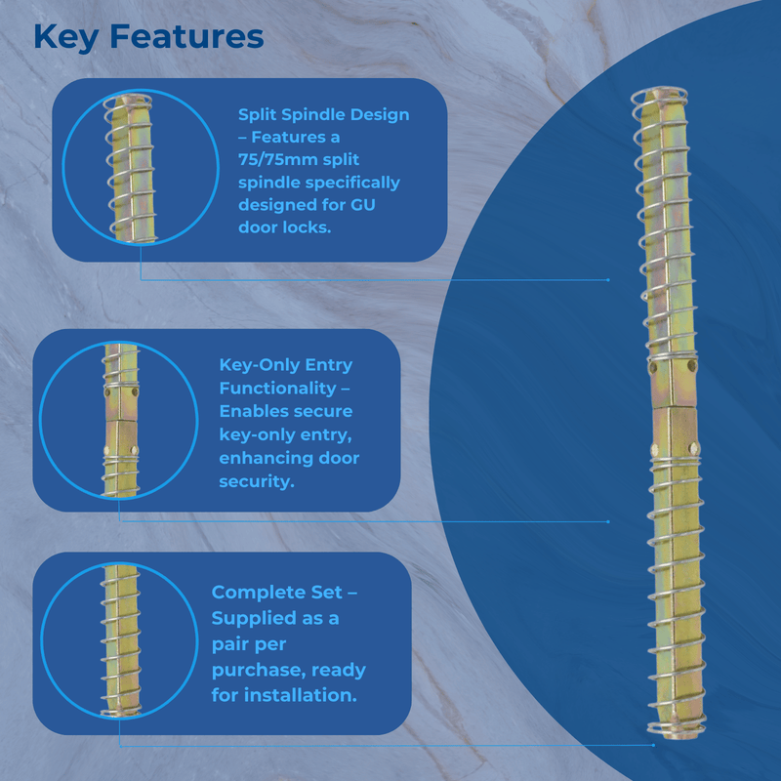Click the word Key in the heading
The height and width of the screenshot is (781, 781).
click(x=66, y=38)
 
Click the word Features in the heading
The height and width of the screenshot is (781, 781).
click(x=186, y=37)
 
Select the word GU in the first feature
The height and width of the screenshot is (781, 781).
click(x=362, y=205)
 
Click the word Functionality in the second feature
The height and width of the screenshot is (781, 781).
click(x=278, y=388)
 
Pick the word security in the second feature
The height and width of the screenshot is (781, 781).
click(x=257, y=481)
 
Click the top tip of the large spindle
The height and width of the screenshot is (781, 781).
click(x=659, y=89)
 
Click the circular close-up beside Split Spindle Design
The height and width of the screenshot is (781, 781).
click(x=141, y=167)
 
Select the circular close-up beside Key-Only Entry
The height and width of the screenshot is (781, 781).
click(x=118, y=420)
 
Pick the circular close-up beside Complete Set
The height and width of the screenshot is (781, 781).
click(x=119, y=641)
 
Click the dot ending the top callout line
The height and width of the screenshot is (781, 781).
click(x=608, y=280)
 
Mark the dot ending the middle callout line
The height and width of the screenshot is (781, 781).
click(x=608, y=521)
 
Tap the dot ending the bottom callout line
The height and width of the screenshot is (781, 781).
click(x=653, y=745)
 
